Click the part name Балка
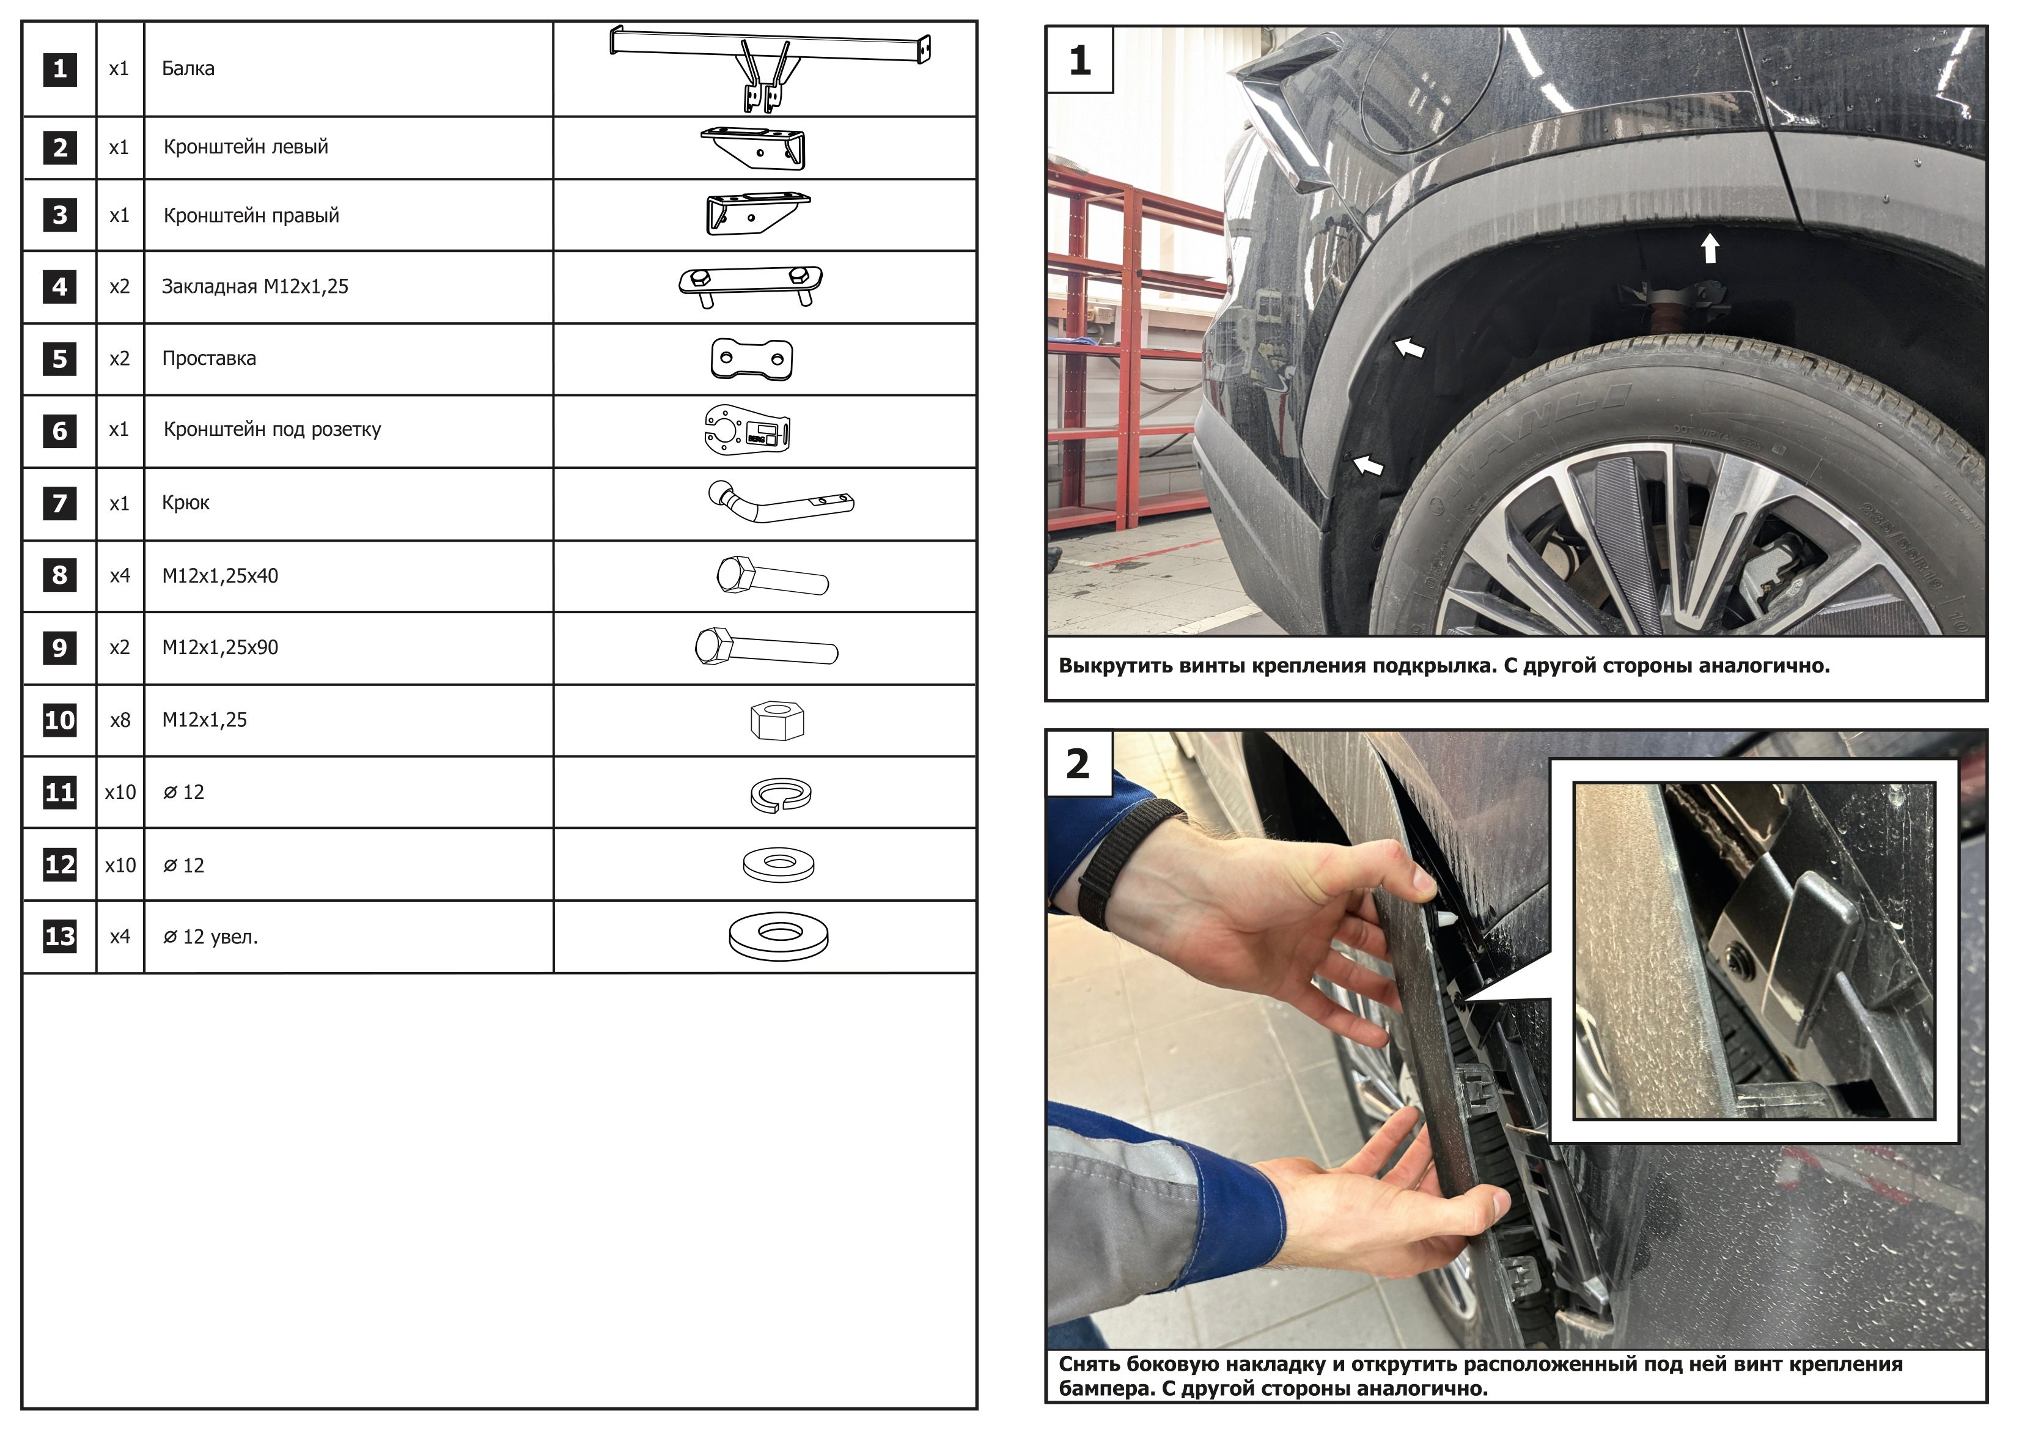[x=188, y=68]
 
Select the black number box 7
[x=60, y=503]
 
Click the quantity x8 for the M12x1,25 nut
[x=120, y=720]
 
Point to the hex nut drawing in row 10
[x=777, y=720]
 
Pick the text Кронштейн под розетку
[x=272, y=430]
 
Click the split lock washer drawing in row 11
[x=781, y=794]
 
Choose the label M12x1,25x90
[x=220, y=647]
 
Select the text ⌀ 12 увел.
[x=210, y=937]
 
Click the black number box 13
[x=60, y=937]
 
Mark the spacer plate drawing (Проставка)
[x=751, y=359]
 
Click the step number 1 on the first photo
[x=1079, y=60]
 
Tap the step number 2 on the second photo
[x=1078, y=763]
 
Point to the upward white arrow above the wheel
[x=1710, y=248]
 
